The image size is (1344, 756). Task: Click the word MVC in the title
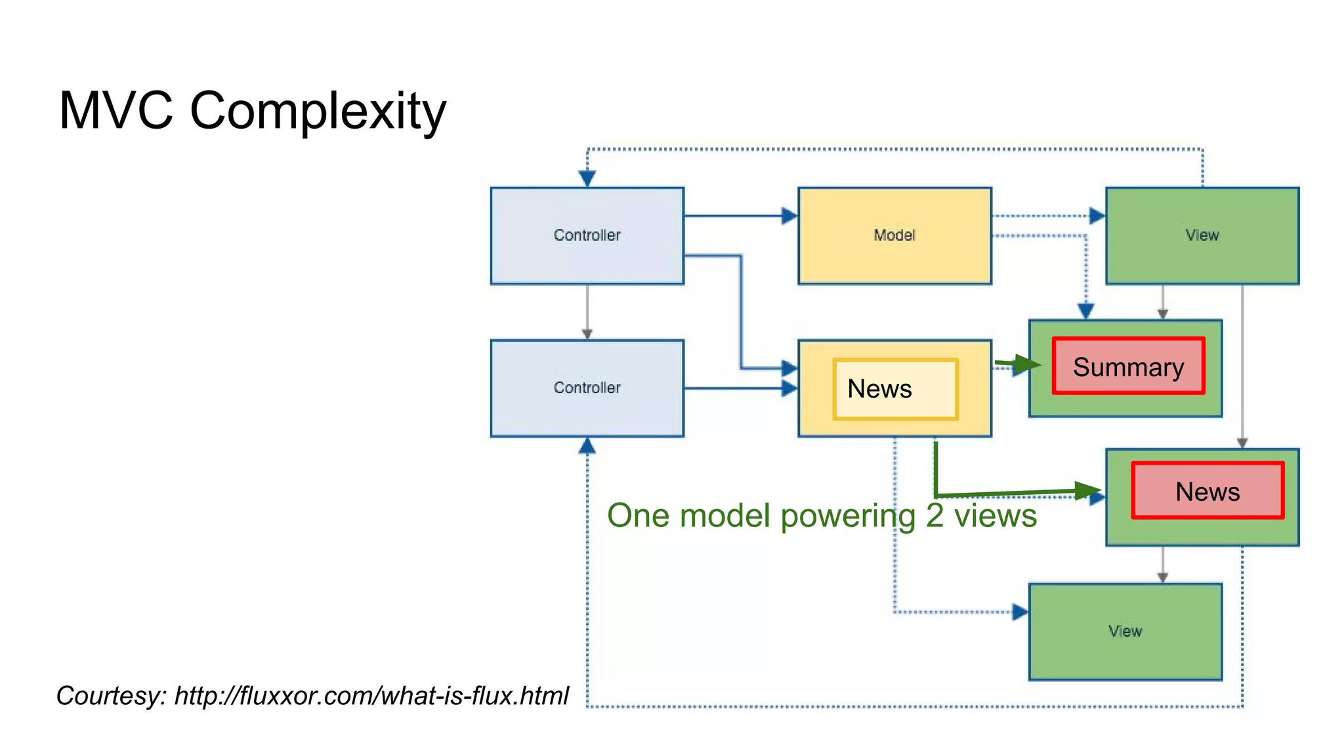[x=115, y=110]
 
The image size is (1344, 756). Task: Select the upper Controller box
[x=587, y=236]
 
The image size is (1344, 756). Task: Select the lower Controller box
[x=587, y=388]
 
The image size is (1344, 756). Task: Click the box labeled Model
[x=894, y=236]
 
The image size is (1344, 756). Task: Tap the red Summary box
[x=1128, y=366]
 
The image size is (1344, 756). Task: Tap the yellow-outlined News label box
[x=895, y=389]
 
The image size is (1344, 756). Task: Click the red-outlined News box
[x=1207, y=491]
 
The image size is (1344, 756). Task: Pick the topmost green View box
[x=1202, y=236]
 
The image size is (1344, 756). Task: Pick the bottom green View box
[x=1125, y=631]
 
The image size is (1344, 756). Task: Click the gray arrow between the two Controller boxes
[x=587, y=312]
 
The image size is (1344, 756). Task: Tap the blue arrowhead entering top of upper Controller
[x=587, y=178]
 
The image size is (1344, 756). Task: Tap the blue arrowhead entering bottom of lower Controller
[x=587, y=447]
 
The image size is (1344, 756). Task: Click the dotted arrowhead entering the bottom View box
[x=1020, y=612]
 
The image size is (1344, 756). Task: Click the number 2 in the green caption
[x=934, y=515]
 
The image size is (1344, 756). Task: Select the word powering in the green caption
[x=848, y=516]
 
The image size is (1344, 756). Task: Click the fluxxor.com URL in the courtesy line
[x=371, y=696]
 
